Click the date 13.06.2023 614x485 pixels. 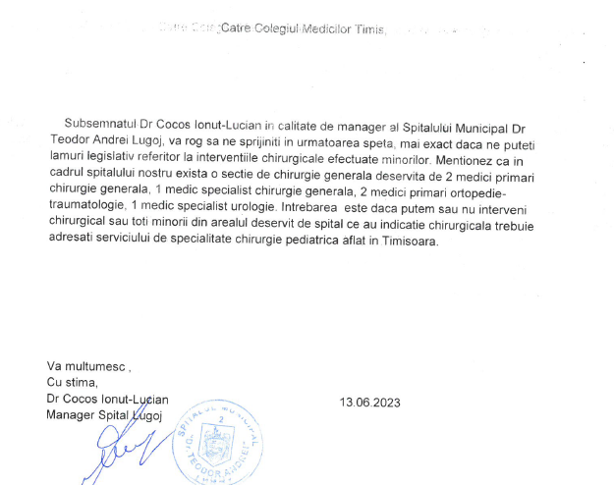click(370, 403)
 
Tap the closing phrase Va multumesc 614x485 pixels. click(88, 366)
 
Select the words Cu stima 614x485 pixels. click(73, 382)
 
